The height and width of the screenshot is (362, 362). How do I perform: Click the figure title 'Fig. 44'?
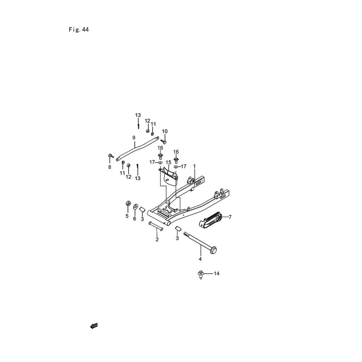click(79, 30)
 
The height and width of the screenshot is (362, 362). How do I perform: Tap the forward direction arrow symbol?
click(94, 326)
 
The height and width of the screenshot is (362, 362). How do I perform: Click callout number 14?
click(216, 274)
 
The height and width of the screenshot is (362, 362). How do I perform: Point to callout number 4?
click(200, 259)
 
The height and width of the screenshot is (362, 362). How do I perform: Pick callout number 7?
click(230, 217)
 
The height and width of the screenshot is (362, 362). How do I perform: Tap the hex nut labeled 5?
click(127, 203)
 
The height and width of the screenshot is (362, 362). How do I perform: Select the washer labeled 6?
click(135, 206)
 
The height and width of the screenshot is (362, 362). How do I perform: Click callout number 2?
click(157, 239)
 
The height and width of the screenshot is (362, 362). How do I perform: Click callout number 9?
click(134, 138)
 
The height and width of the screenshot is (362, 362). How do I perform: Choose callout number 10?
click(165, 131)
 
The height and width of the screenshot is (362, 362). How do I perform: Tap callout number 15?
click(169, 162)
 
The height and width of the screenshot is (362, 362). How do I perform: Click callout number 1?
click(194, 166)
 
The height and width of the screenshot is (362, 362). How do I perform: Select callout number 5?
click(127, 216)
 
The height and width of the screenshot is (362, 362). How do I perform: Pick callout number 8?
click(110, 167)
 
